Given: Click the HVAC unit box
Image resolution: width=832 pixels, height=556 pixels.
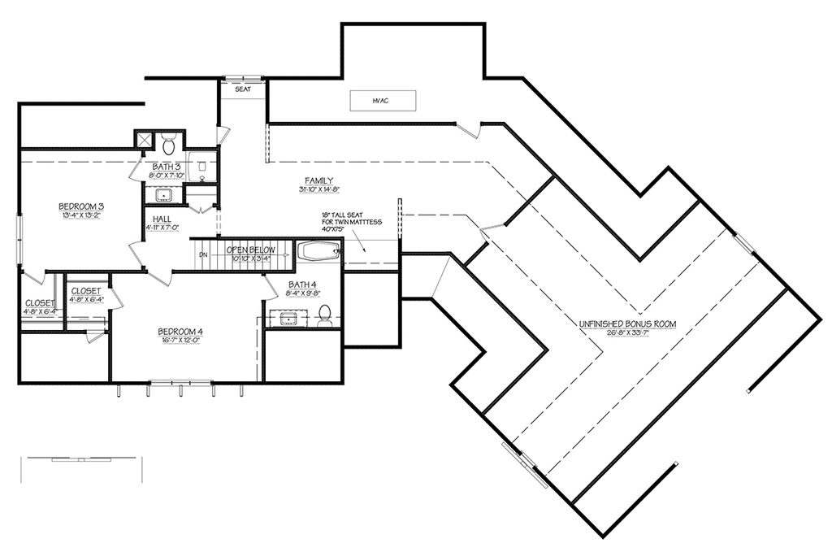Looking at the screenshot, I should pos(383,100).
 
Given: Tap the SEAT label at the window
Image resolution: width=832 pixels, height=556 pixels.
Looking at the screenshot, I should pos(242,89).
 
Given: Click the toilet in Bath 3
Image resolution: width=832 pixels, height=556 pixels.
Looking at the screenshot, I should pos(169,145).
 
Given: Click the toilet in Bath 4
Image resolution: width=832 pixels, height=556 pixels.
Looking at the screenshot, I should pos(326,314).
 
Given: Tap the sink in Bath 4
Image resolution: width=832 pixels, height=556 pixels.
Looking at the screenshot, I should pos(290,317).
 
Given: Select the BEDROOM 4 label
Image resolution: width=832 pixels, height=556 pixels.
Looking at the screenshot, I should pos(180,332).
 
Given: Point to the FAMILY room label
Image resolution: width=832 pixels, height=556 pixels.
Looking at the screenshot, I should pos(319,180).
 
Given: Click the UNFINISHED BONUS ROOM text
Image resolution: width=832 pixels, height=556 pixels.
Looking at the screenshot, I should pos(626,324).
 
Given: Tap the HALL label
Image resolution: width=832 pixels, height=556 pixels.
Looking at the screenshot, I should pos(161,219).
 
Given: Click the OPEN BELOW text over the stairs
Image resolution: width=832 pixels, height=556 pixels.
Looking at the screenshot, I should pos(251,250).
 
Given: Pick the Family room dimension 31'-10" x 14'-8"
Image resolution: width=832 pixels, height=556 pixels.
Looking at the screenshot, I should pos(319,189).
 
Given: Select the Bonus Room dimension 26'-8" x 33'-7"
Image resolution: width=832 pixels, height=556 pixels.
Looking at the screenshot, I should pos(626,332).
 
